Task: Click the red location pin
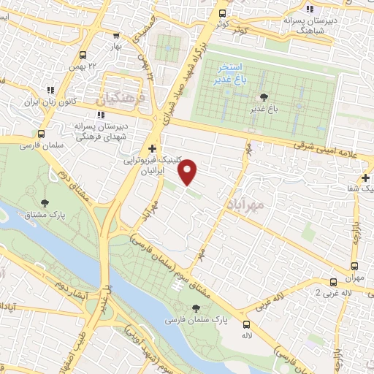click(188, 172)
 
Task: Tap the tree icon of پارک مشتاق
click(46, 203)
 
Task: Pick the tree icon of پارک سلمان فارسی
click(196, 310)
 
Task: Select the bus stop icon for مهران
click(354, 267)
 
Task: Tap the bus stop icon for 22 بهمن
click(82, 55)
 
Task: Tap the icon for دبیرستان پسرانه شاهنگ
click(310, 9)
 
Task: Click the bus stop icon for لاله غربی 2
click(333, 281)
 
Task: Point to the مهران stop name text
click(355, 280)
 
